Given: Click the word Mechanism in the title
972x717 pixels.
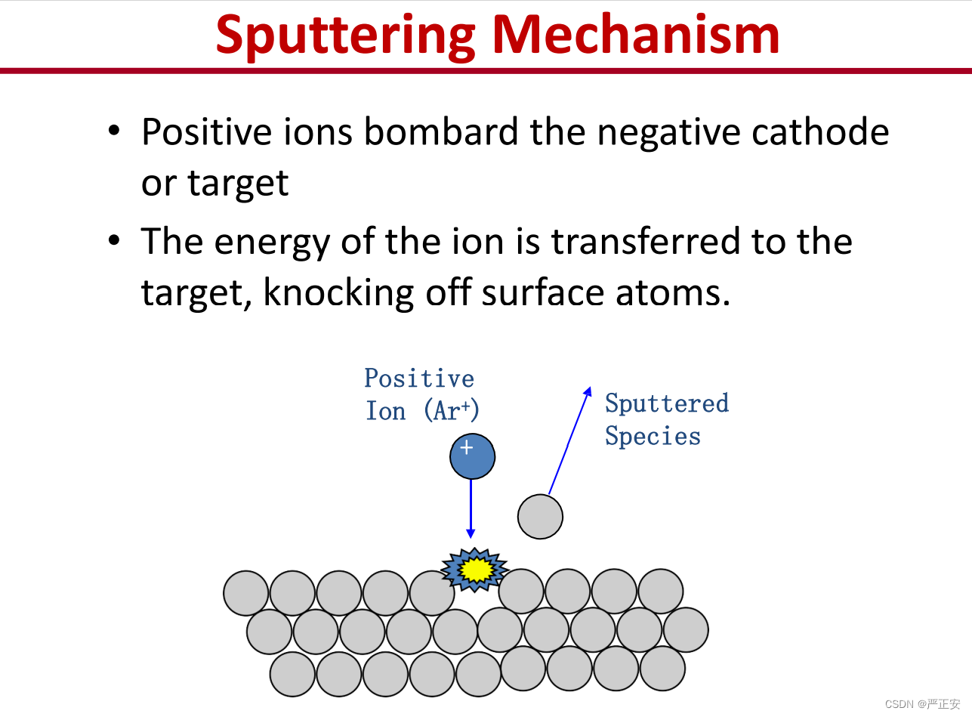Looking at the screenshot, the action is tap(636, 33).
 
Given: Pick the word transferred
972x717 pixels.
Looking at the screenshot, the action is tap(646, 240).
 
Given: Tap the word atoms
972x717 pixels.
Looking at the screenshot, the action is tap(673, 293).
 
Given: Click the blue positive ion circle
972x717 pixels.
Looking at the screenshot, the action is tap(472, 456).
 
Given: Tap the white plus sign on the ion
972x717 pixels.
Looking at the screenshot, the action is tap(467, 447).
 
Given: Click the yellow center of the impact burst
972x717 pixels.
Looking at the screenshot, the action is tap(476, 570).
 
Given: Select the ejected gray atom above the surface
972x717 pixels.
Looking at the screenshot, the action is tap(540, 517).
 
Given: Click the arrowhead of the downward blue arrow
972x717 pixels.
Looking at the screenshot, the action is tap(471, 534).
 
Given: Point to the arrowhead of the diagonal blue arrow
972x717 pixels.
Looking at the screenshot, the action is tap(588, 391).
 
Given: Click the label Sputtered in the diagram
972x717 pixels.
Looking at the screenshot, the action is tap(667, 403).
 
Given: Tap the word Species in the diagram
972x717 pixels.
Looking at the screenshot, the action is tap(653, 436).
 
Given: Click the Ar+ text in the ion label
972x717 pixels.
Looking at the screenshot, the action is tap(452, 410).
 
